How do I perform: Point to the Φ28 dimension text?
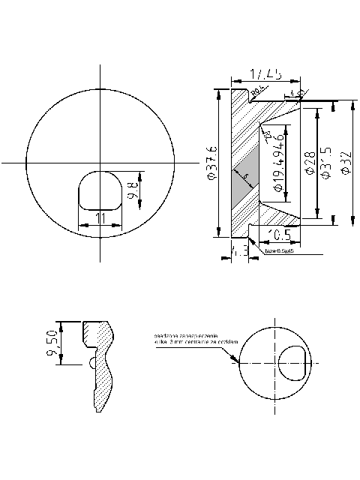click(x=309, y=162)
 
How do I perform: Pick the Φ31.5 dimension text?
click(x=325, y=163)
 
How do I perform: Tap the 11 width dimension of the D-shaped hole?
click(x=99, y=217)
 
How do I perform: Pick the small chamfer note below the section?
click(x=279, y=251)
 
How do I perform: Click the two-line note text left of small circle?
click(x=185, y=338)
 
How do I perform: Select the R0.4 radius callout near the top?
click(x=256, y=91)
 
